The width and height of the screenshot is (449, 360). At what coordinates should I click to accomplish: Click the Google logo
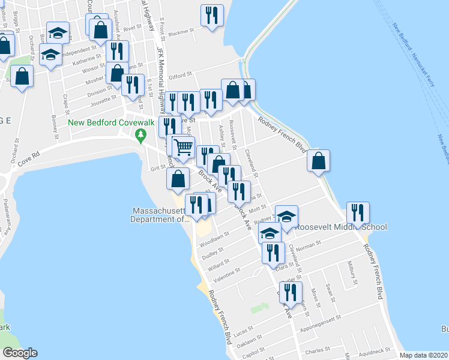click(20, 353)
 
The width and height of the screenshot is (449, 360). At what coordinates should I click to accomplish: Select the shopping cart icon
click(184, 145)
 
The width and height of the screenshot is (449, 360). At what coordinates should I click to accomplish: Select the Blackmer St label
click(182, 33)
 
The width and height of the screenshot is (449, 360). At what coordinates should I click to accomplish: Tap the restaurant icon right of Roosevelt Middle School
click(358, 213)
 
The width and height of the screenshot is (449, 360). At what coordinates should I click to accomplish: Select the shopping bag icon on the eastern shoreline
click(318, 160)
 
